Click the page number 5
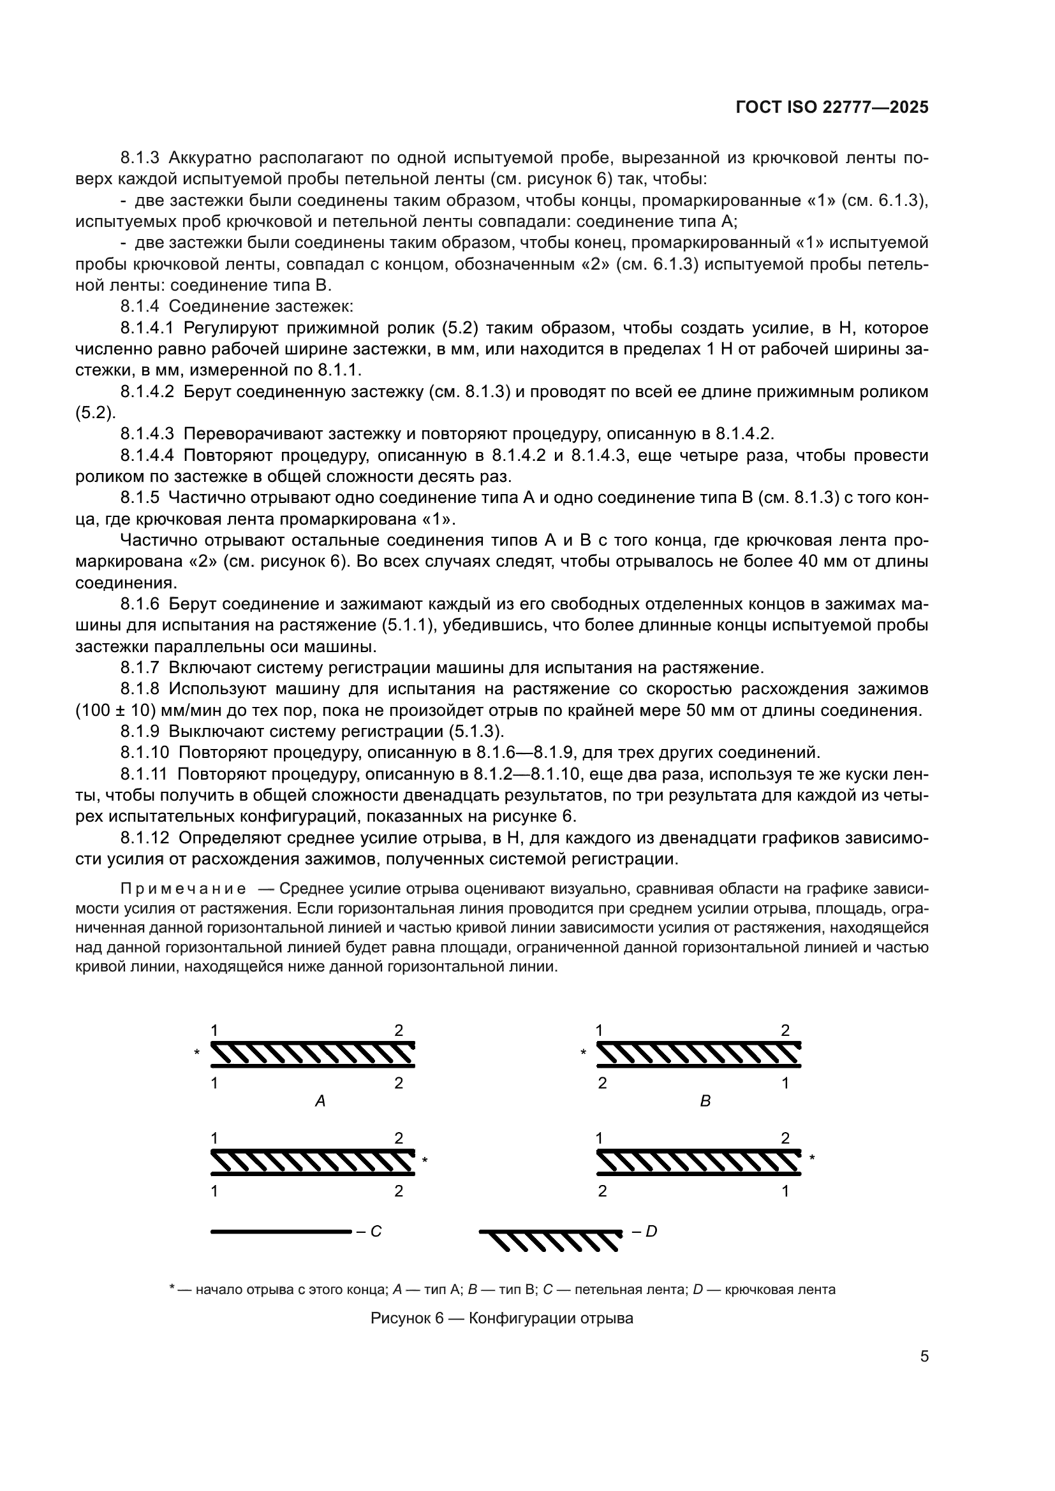point(924,1356)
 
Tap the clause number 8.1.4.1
point(147,328)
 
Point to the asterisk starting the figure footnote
point(172,1288)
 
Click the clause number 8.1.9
point(139,731)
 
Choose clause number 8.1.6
point(139,604)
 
